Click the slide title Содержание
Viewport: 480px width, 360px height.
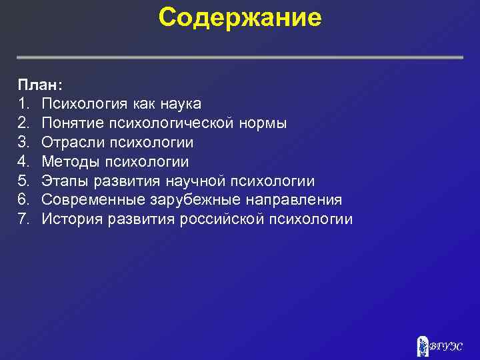pyautogui.click(x=240, y=19)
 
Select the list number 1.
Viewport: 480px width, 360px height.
pyautogui.click(x=23, y=104)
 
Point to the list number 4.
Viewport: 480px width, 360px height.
pyautogui.click(x=24, y=162)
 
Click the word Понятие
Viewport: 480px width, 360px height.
pyautogui.click(x=69, y=123)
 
